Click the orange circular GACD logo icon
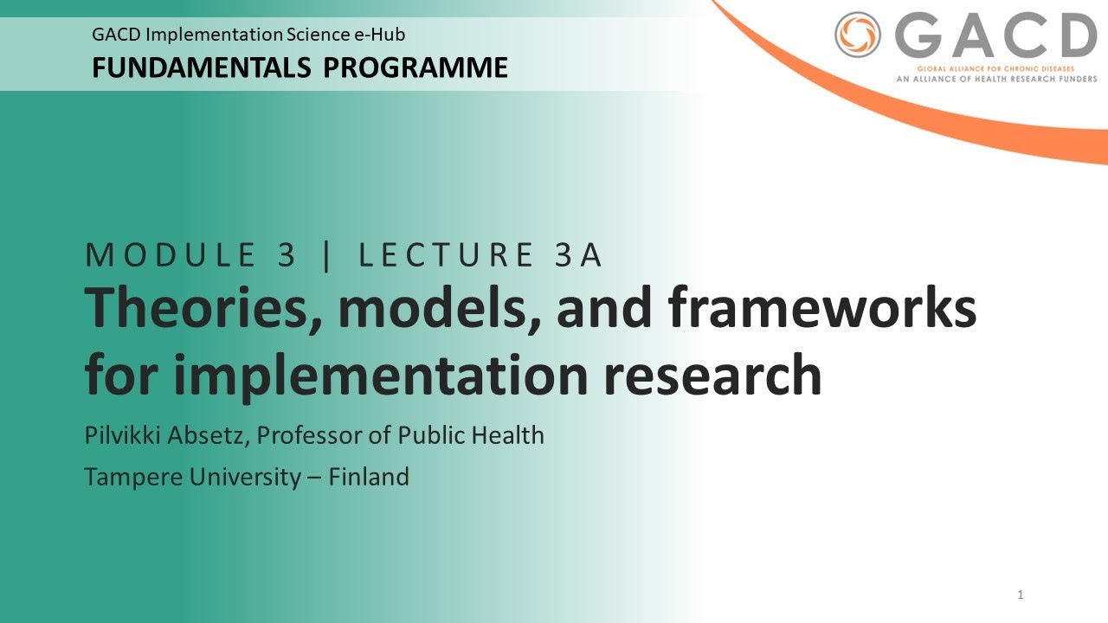[x=858, y=35]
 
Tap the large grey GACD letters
[x=995, y=36]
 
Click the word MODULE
[x=173, y=256]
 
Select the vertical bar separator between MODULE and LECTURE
[x=326, y=256]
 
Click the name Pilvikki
[x=120, y=435]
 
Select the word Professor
[x=309, y=435]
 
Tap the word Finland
[x=369, y=477]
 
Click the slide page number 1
[x=1021, y=594]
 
